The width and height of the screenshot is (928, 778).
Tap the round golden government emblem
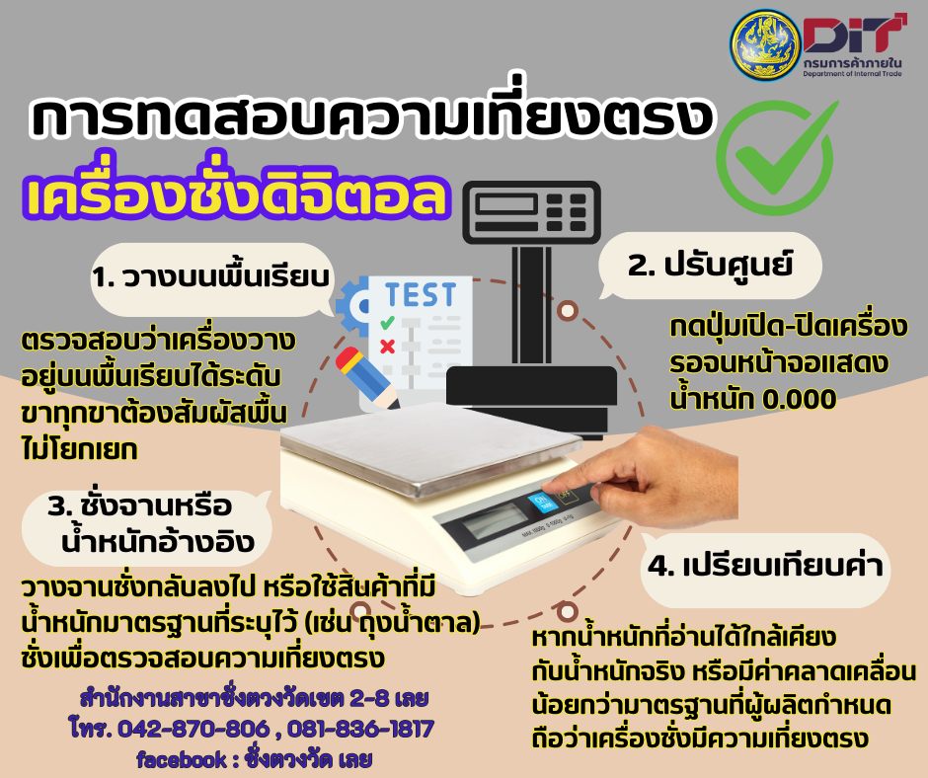[x=766, y=44]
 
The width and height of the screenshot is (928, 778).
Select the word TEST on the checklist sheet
[x=421, y=295]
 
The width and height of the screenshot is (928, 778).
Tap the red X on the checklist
[x=387, y=346]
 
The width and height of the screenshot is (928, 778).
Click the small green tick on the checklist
[x=387, y=323]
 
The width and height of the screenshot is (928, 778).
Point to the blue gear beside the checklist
[x=352, y=306]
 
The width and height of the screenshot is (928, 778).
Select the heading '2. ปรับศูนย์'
[x=710, y=264]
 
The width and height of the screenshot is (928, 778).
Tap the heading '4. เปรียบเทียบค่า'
[x=765, y=566]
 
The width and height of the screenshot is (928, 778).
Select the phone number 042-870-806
[x=194, y=729]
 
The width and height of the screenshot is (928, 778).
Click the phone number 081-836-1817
[x=361, y=729]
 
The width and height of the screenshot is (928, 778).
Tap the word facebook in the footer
[x=182, y=759]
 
